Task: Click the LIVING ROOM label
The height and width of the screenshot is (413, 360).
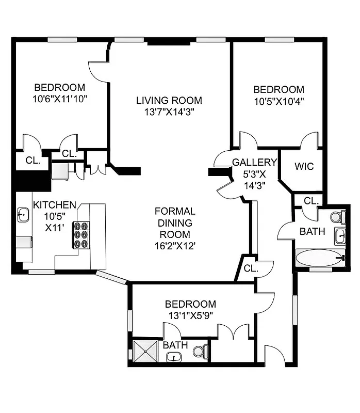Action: click(169, 100)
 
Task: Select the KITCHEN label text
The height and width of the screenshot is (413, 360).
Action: click(55, 205)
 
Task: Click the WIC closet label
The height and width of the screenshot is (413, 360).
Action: click(304, 167)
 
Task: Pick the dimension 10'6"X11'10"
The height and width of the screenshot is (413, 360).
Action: click(59, 98)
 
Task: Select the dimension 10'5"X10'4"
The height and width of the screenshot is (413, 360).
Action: click(279, 101)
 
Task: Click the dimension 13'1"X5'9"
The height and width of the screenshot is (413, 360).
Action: click(190, 314)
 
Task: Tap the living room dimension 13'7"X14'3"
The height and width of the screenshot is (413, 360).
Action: click(169, 112)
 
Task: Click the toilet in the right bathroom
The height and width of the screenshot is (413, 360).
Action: click(337, 216)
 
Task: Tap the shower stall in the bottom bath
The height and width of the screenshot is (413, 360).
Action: click(146, 351)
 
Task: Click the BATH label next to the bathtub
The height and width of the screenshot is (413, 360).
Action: click(313, 231)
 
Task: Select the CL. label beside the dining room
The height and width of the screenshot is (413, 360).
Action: click(251, 268)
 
